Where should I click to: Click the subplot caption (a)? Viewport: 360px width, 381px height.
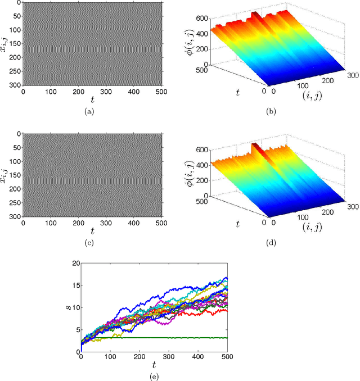89,112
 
